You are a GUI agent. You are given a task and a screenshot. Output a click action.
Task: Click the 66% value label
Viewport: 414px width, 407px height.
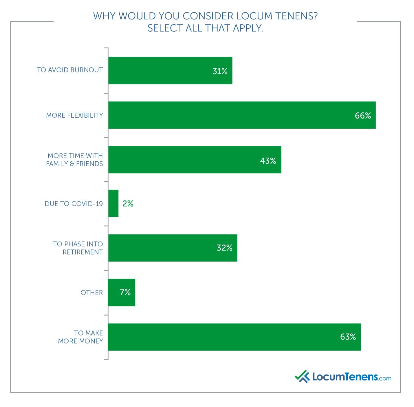(x=363, y=116)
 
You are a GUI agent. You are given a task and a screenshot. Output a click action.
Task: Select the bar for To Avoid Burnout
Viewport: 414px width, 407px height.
(x=170, y=71)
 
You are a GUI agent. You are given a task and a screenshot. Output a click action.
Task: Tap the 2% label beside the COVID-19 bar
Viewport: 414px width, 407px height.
(x=128, y=204)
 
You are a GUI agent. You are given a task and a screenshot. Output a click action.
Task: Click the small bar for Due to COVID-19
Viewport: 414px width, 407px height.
(x=113, y=203)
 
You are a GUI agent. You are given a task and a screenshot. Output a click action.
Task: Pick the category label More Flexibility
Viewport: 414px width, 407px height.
(x=74, y=115)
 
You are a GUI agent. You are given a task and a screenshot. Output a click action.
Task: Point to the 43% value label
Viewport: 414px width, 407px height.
(x=268, y=160)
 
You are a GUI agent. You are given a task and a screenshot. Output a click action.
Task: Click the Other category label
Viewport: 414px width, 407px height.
(x=91, y=293)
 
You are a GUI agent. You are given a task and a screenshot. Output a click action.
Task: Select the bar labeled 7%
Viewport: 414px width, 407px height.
(x=121, y=292)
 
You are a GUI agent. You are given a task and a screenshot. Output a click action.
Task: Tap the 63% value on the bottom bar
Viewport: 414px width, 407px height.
(x=348, y=337)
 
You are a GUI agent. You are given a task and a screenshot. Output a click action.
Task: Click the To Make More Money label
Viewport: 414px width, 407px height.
(x=80, y=337)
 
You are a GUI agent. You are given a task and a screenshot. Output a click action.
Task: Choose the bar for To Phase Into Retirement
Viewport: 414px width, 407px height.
(x=173, y=248)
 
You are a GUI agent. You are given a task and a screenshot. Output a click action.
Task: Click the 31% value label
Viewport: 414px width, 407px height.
(x=220, y=71)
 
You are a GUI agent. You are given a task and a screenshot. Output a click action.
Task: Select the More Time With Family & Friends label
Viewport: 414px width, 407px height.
(x=74, y=160)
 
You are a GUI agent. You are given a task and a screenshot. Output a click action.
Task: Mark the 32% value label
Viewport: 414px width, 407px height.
(x=224, y=248)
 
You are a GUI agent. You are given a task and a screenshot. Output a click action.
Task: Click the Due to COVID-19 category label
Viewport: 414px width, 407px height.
(x=74, y=204)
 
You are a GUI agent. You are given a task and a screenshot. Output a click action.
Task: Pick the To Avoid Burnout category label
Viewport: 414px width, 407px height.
(x=70, y=70)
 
